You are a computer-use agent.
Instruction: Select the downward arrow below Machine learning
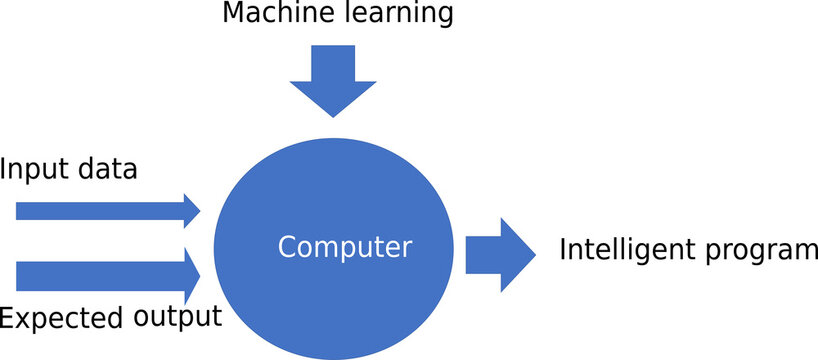[x=331, y=78]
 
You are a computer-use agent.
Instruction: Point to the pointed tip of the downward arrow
[x=331, y=113]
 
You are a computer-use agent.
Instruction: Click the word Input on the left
[x=33, y=169]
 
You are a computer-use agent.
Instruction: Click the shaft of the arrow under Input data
[x=95, y=210]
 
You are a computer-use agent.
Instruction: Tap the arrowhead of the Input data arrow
[x=191, y=210]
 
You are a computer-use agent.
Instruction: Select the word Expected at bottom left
[x=63, y=319]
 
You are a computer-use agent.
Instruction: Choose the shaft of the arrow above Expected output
[x=95, y=275]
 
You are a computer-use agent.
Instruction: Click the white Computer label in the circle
[x=344, y=246]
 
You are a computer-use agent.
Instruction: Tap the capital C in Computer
[x=286, y=246]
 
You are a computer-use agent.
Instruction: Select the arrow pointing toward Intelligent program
[x=499, y=255]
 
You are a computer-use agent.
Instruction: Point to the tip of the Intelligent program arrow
[x=534, y=255]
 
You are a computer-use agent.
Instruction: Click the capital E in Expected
[x=7, y=318]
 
